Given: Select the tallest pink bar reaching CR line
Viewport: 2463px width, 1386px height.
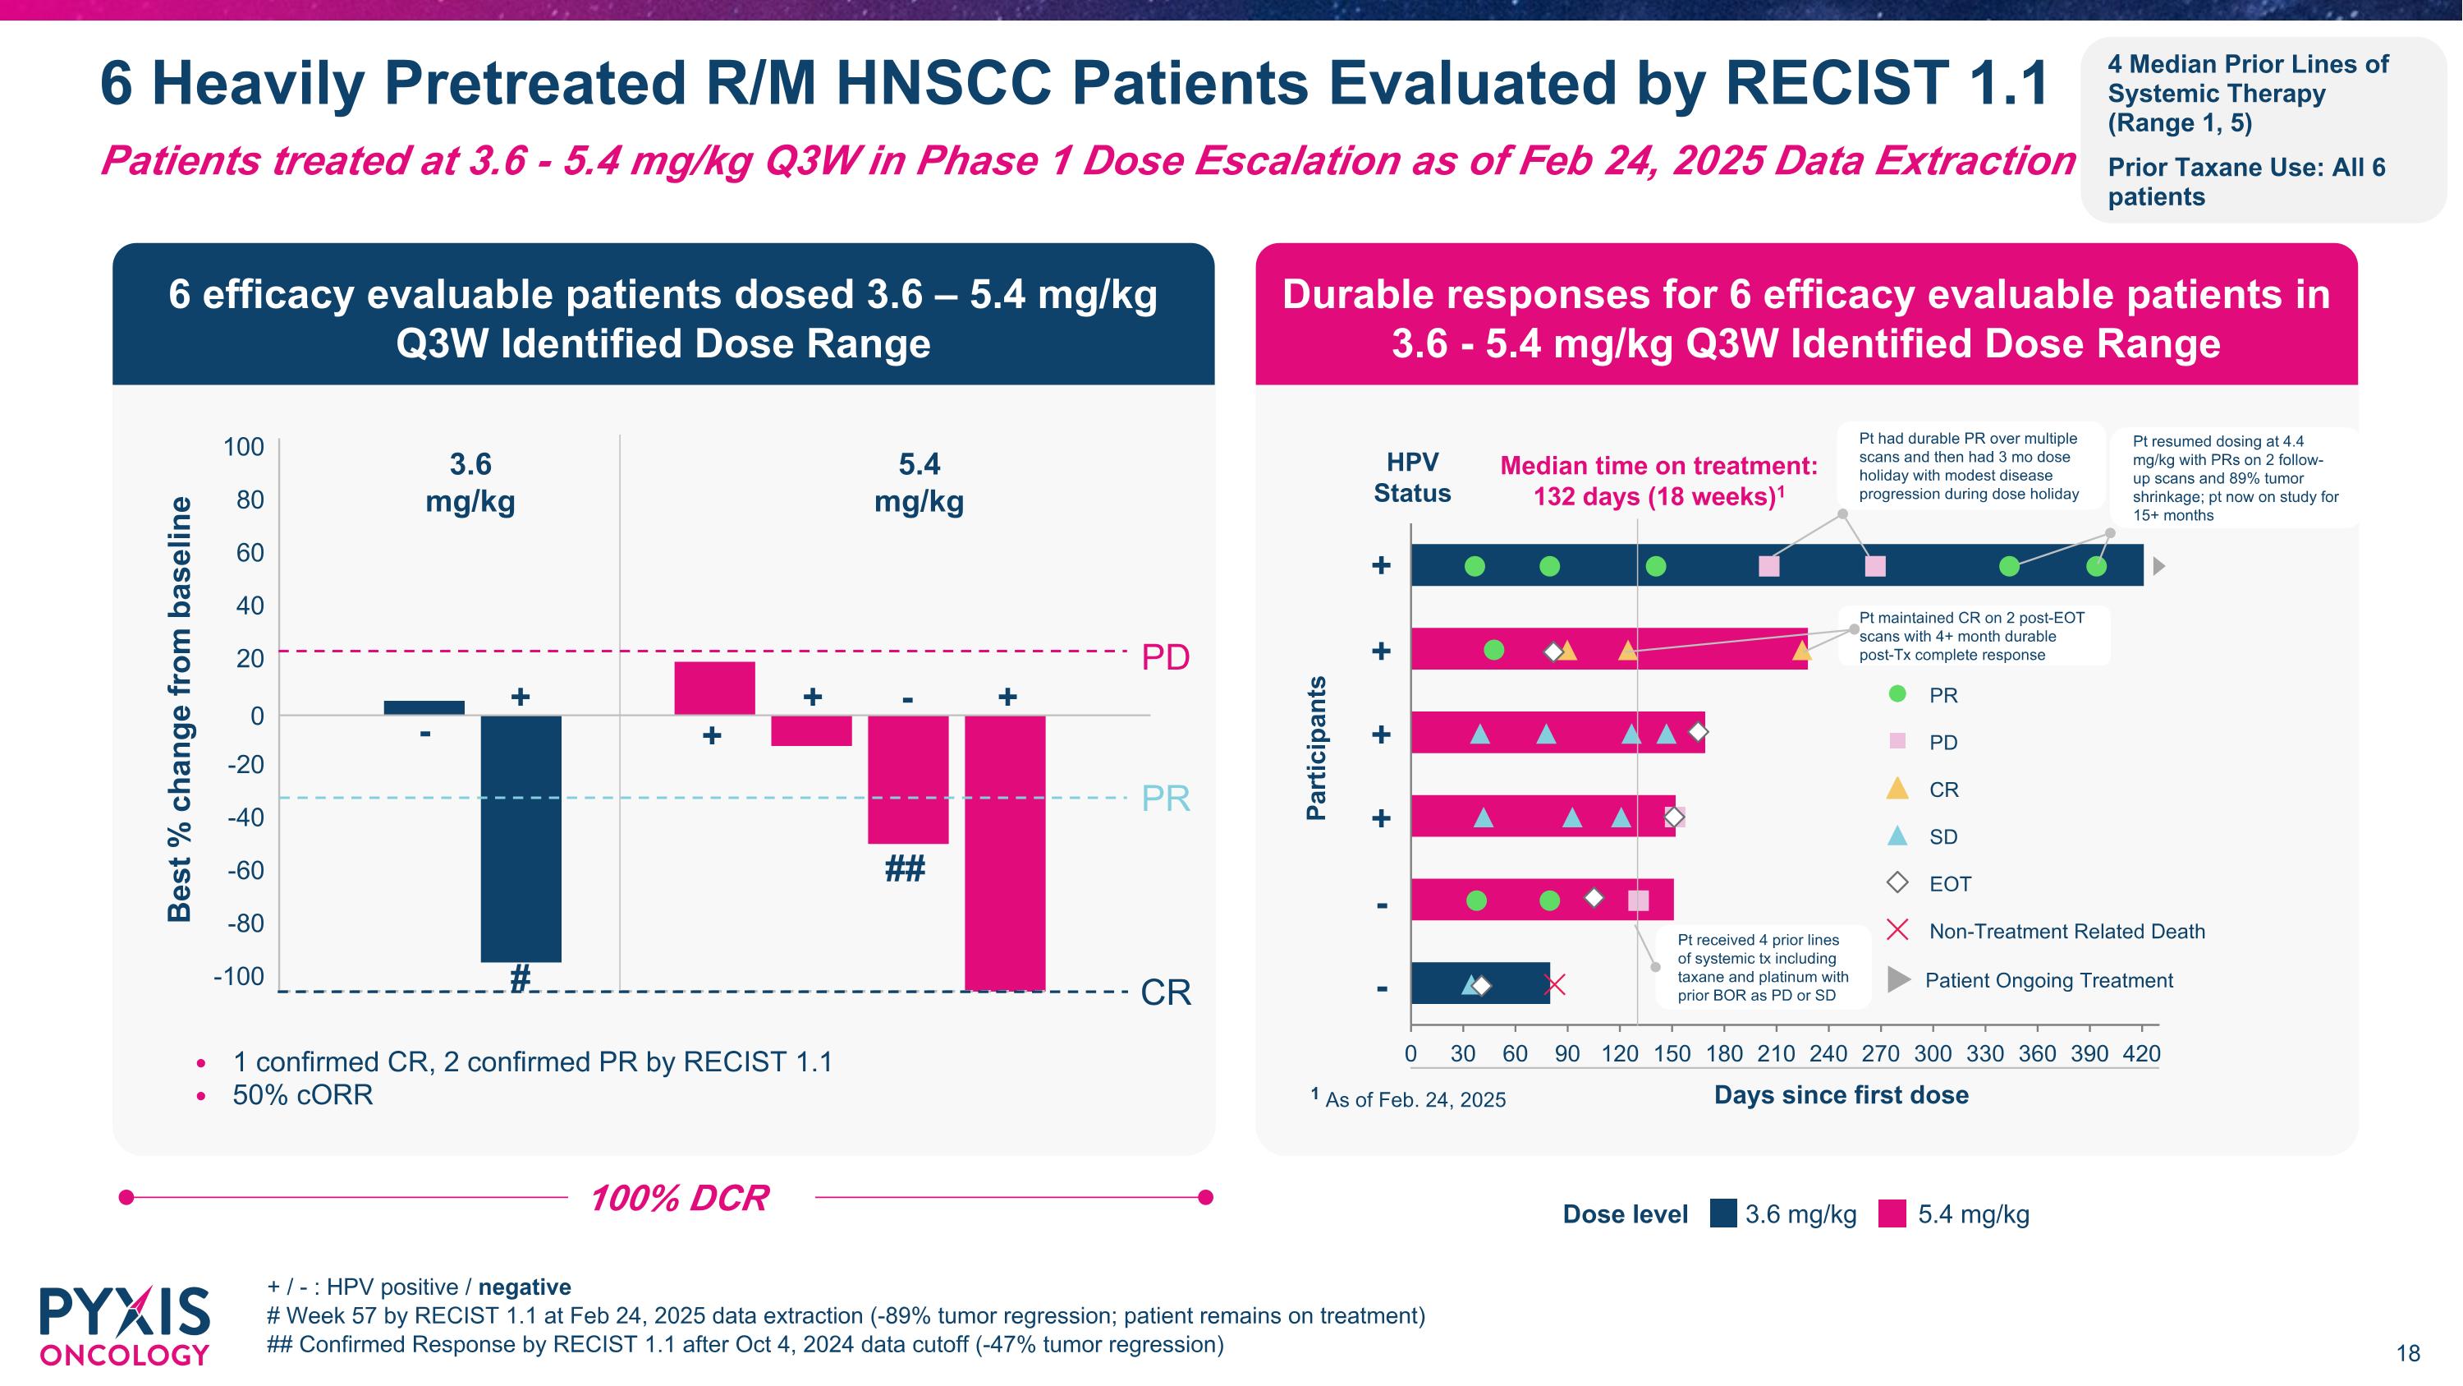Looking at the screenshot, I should pos(1005,851).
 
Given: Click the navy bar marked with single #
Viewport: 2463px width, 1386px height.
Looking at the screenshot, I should pos(521,838).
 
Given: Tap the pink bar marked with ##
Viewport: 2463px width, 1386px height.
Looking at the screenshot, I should pos(907,779).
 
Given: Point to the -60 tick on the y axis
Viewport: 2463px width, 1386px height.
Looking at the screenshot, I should pos(245,870).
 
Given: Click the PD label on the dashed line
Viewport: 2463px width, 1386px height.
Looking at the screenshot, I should pos(1166,657).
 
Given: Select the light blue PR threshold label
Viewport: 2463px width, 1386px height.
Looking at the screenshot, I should pos(1166,798).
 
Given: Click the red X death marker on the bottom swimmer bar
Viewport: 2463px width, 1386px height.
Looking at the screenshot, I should pos(1556,984).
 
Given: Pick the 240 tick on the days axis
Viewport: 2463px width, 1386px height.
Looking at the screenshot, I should pos(1828,1053).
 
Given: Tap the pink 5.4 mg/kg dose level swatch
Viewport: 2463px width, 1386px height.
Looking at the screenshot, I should pos(1892,1213).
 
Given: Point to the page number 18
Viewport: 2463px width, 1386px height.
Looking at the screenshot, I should pos(2407,1352).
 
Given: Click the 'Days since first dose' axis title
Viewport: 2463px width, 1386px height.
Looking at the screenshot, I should pos(1841,1095).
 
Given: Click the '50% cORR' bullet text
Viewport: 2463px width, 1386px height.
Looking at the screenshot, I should pos(302,1095).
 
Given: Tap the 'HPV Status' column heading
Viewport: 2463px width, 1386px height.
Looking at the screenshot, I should pos(1412,477).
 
